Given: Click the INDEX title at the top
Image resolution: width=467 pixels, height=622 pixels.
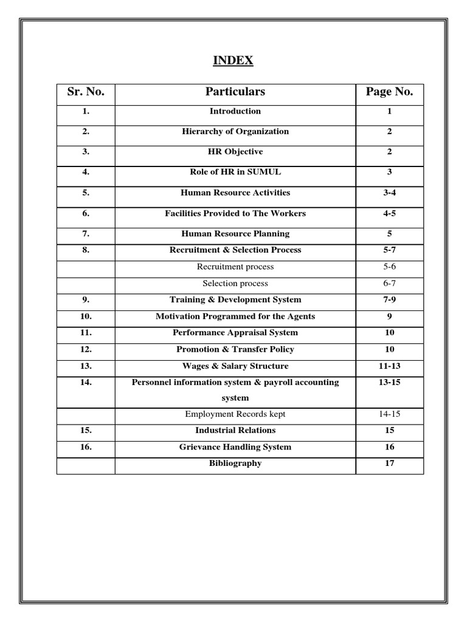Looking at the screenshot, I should (x=233, y=61).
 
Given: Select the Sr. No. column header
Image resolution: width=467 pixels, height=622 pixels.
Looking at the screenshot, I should (x=86, y=92).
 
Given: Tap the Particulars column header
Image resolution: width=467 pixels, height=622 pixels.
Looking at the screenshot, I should (x=235, y=92).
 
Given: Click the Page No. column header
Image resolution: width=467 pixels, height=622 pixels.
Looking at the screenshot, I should (x=389, y=92).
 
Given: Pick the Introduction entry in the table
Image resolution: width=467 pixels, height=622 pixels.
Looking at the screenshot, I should (x=235, y=111).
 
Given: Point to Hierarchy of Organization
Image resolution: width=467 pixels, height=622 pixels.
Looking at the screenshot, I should (x=235, y=131).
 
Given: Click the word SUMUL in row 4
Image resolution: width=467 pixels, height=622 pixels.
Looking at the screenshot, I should (x=265, y=172).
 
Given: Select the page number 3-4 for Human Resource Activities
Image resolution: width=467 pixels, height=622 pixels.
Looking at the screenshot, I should (x=389, y=193).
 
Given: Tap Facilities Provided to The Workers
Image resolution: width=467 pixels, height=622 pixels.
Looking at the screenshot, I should (x=235, y=213).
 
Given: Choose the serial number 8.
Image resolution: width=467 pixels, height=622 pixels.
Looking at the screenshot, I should (x=86, y=250).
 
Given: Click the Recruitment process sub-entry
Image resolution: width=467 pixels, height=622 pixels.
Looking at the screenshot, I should (x=235, y=267).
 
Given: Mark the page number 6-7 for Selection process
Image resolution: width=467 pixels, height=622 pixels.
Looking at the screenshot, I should (x=389, y=283).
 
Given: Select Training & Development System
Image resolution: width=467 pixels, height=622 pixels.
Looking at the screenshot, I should (x=235, y=299).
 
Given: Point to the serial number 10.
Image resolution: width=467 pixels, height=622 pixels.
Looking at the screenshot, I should (x=86, y=316).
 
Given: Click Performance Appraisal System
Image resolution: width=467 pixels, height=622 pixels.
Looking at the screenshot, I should (x=235, y=333).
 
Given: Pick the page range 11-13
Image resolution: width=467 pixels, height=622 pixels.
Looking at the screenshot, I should (x=389, y=366).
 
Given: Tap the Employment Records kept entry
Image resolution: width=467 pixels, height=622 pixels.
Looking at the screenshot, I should (x=235, y=414).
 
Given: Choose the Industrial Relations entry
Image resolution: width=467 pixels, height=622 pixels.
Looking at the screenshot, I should (x=235, y=430).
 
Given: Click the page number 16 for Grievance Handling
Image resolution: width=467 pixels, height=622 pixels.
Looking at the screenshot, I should (x=389, y=447).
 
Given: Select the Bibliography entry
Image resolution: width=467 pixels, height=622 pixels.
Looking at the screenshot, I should (x=235, y=463).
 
